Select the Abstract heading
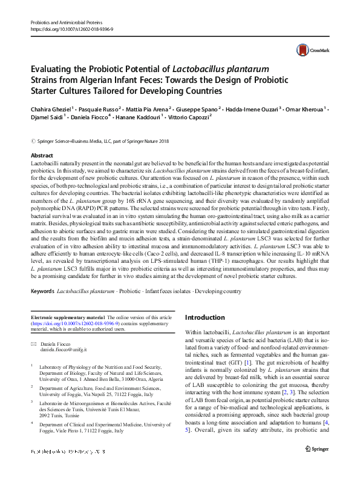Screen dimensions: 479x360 pos(42,156)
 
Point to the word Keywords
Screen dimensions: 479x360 pos(43,292)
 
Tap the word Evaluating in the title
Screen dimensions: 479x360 pos(51,70)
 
